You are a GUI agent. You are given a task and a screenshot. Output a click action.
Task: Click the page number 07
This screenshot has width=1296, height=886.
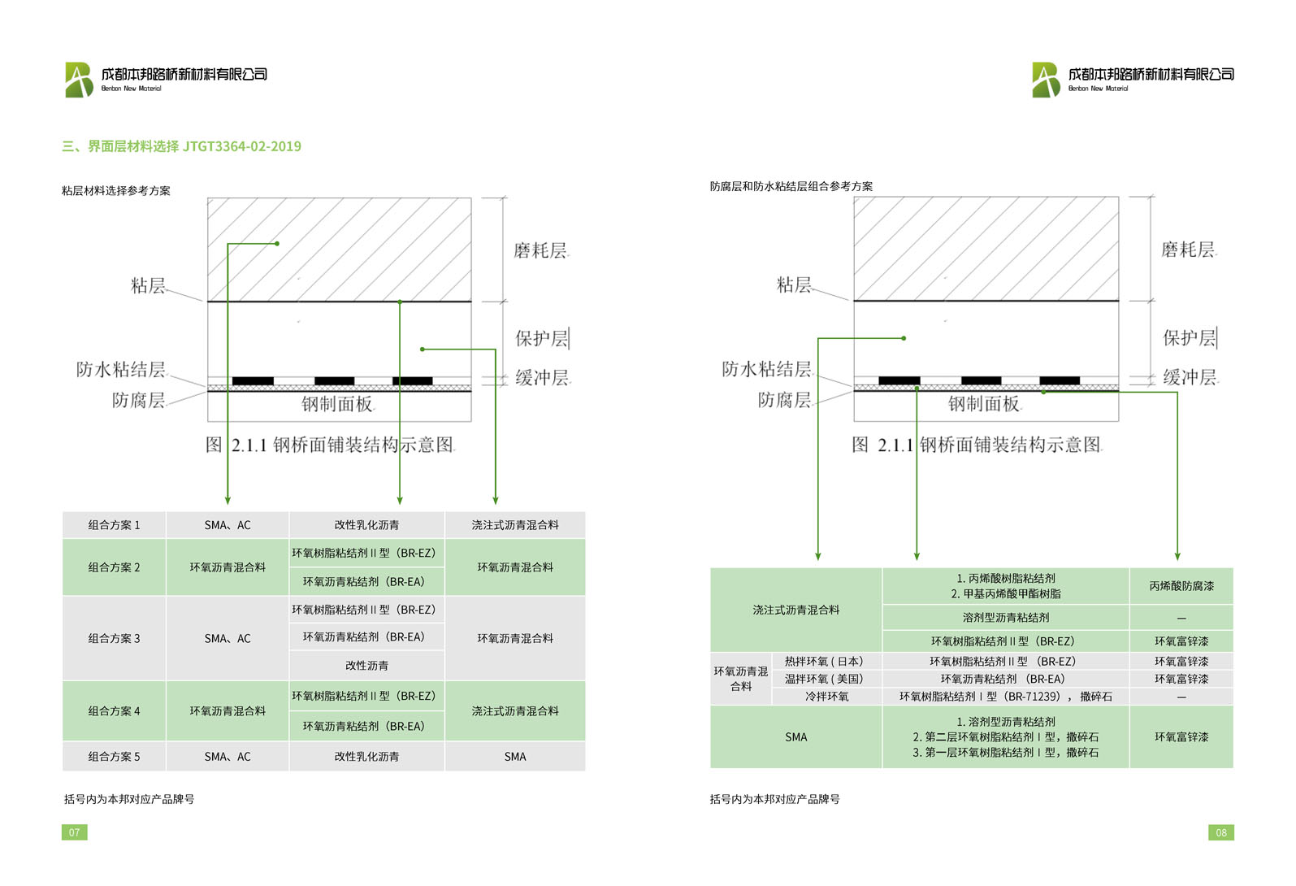(74, 832)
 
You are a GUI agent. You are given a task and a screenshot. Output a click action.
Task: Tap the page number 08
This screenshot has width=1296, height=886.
(1220, 832)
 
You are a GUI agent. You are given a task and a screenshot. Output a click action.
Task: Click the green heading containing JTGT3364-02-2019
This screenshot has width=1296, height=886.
(181, 146)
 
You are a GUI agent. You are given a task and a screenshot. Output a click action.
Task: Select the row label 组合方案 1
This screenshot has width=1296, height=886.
(114, 525)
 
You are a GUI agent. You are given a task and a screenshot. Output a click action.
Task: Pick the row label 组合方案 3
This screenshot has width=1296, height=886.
(114, 638)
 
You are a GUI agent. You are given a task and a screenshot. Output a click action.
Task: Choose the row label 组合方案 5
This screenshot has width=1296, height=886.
(114, 756)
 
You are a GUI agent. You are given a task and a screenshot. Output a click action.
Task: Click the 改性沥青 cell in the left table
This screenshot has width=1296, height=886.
(366, 665)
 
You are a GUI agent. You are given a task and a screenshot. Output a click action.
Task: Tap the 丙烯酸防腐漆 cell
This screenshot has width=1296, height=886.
(1181, 585)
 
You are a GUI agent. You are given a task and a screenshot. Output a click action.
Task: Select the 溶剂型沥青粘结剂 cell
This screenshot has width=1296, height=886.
(1005, 617)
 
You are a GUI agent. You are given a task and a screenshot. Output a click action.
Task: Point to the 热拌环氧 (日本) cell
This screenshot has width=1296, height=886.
(824, 661)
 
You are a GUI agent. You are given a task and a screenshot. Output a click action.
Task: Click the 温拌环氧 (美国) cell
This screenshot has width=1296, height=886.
(824, 679)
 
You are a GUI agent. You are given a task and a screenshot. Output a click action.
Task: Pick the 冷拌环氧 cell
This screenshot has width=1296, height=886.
(826, 696)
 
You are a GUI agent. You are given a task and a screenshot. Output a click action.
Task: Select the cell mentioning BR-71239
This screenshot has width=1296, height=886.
(1005, 696)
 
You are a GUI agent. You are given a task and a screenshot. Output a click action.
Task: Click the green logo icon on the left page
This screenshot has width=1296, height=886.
(80, 80)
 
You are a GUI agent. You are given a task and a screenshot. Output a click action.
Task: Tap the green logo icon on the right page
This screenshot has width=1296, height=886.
(1046, 80)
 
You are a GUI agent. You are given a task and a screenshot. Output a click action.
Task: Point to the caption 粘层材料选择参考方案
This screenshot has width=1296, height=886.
(116, 191)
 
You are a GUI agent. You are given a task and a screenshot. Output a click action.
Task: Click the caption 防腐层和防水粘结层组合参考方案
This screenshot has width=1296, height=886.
(791, 186)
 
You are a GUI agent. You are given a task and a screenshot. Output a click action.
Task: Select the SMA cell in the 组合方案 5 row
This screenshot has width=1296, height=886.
(515, 756)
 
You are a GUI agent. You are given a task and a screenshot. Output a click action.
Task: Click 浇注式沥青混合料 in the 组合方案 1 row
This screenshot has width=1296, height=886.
(515, 525)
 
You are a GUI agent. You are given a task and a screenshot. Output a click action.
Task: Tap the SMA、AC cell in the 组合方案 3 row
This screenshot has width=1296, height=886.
(228, 638)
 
